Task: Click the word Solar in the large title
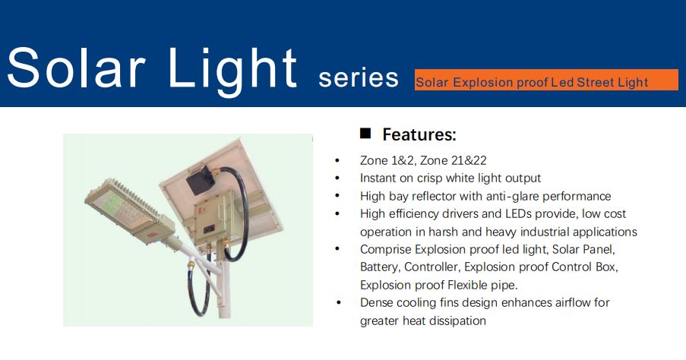click(76, 68)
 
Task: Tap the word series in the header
click(359, 78)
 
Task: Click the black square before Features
click(365, 134)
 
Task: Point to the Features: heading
click(419, 134)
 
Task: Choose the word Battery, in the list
click(380, 267)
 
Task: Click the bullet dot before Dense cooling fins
click(338, 303)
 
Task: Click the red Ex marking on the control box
click(202, 210)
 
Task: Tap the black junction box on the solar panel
click(201, 179)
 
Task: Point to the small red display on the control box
click(209, 229)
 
